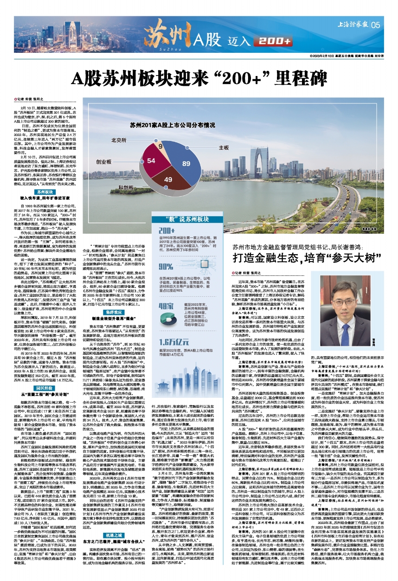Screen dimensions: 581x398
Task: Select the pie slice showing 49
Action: [x=168, y=179]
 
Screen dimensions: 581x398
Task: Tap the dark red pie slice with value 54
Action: [x=151, y=160]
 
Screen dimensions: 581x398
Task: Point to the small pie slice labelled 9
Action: [x=160, y=147]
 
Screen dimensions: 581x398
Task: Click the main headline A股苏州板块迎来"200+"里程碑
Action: [x=199, y=76]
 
